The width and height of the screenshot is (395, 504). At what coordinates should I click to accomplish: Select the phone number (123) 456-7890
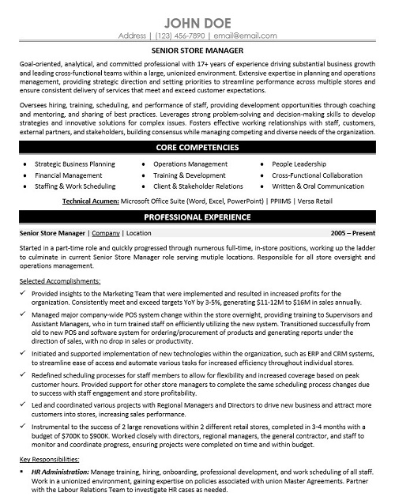pos(180,36)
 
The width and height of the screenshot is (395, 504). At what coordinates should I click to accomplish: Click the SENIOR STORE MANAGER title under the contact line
pos(197,50)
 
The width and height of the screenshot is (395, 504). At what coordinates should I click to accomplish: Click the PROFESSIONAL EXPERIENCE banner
pos(197,216)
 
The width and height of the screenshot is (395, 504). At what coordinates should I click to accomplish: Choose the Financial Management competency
pos(68,175)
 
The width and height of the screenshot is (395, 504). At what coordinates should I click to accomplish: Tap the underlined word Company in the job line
pos(105,234)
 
